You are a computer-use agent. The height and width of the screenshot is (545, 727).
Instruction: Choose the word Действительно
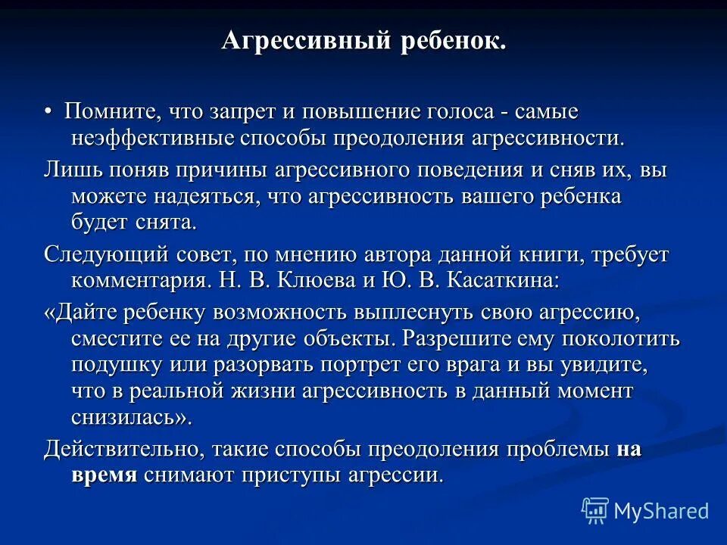tap(121, 448)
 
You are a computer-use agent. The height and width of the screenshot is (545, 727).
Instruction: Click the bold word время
tap(104, 475)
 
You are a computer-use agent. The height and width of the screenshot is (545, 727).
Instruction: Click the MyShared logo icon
tap(594, 511)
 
